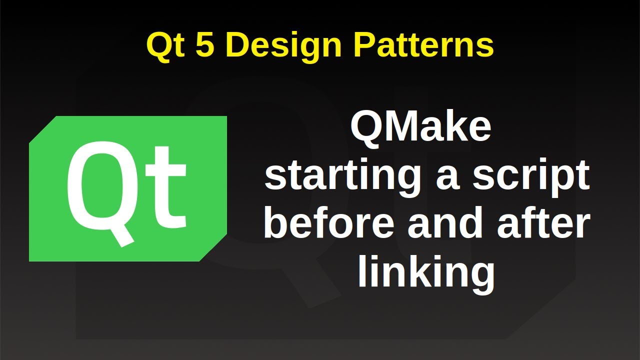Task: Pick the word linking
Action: tap(426, 272)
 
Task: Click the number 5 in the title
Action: tap(206, 45)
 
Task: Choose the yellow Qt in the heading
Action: tap(165, 45)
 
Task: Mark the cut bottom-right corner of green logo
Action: tap(214, 248)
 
